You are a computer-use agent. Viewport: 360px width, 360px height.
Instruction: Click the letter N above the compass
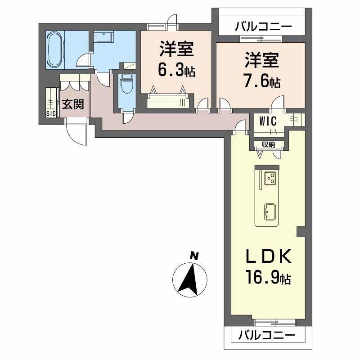194,255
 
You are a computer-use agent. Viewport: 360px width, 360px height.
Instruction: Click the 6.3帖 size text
176,71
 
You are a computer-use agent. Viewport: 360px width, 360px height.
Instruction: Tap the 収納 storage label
269,144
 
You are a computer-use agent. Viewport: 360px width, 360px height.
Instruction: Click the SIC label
51,113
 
